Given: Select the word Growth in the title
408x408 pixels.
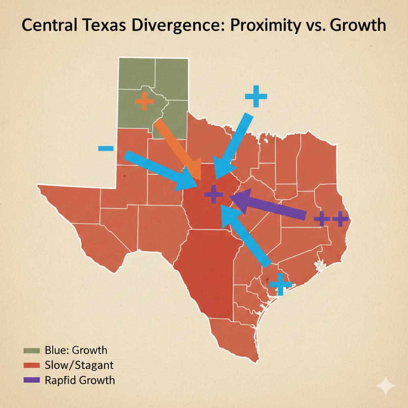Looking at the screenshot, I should [355, 25].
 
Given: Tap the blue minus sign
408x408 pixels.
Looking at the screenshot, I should [106, 149].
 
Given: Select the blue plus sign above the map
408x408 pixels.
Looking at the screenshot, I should [255, 96].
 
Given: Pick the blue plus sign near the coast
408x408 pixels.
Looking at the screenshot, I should [280, 284].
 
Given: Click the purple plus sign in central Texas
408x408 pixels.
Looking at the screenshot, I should [214, 195].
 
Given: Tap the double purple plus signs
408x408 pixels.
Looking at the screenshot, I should [331, 219].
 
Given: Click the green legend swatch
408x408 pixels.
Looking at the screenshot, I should [32, 350].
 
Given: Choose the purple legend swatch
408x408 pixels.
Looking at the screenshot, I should [32, 380].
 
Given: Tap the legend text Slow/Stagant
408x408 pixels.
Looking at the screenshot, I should [79, 365].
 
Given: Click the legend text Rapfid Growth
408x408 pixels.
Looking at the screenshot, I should [80, 380].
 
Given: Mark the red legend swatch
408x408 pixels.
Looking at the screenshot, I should [32, 365].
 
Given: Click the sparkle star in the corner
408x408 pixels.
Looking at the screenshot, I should [385, 386].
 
